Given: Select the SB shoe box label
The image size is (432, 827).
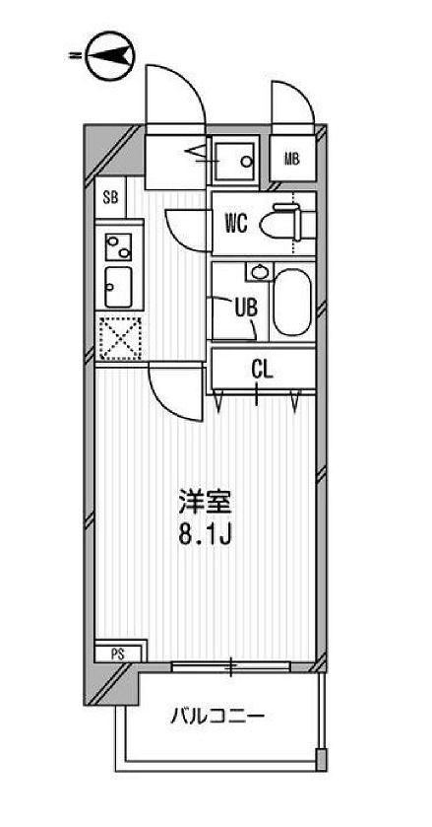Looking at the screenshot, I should tap(110, 196).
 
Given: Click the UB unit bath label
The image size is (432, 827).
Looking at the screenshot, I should tap(245, 306).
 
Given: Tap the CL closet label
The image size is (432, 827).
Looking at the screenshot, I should tap(261, 370).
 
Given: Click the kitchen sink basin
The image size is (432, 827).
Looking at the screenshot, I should tap(118, 286).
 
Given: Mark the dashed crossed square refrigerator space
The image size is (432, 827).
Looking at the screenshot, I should tap(119, 340).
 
